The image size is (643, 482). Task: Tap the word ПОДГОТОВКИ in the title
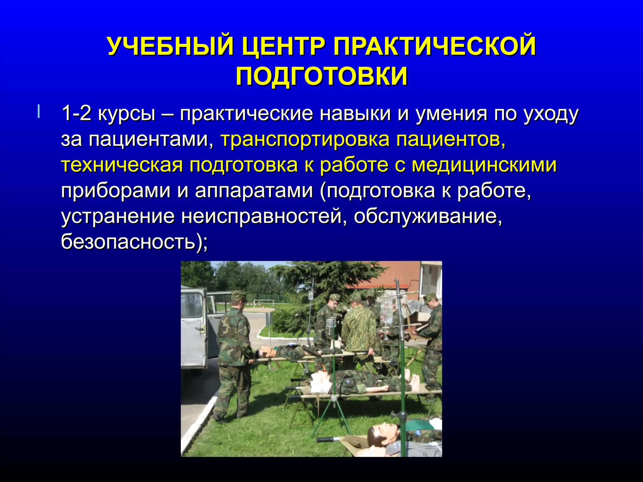(321, 76)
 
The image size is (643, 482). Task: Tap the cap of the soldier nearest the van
(239, 295)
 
